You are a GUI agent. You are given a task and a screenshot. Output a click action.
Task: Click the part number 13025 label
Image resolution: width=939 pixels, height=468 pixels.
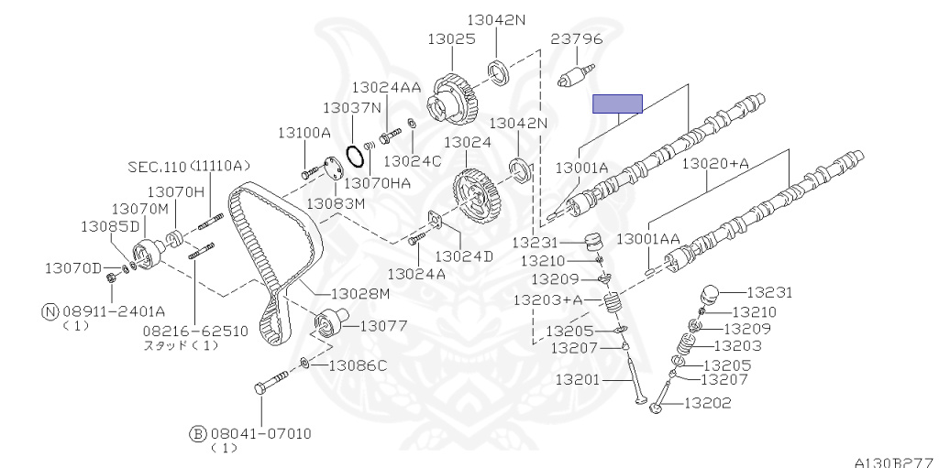pyautogui.click(x=451, y=39)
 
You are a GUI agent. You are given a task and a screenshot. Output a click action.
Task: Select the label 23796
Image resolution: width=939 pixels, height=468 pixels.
pyautogui.click(x=577, y=39)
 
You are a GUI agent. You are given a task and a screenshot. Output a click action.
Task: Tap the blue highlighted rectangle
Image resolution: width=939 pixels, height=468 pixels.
pyautogui.click(x=617, y=103)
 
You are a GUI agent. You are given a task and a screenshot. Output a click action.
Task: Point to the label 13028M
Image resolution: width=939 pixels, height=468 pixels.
pyautogui.click(x=360, y=294)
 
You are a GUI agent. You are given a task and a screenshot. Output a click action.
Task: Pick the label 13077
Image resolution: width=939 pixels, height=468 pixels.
pyautogui.click(x=384, y=326)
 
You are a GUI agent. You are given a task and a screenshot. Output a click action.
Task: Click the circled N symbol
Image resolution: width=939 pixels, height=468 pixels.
pyautogui.click(x=50, y=310)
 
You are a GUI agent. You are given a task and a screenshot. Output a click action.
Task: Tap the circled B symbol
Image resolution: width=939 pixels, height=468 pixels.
pyautogui.click(x=198, y=433)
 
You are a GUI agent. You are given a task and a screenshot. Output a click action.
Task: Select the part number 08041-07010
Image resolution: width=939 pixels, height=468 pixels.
pyautogui.click(x=260, y=433)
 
